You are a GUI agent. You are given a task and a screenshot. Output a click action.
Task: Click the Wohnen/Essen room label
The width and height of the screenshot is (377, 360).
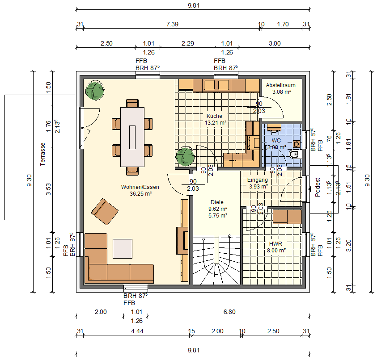pyautogui.click(x=140, y=187)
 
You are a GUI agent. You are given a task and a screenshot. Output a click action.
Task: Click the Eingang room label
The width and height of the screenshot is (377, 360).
pyautogui.click(x=257, y=180)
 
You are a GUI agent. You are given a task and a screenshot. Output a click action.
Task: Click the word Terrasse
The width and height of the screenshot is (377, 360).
pyautogui.click(x=43, y=154)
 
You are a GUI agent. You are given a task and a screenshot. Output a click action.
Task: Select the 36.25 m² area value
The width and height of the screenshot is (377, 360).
pyautogui.click(x=140, y=194)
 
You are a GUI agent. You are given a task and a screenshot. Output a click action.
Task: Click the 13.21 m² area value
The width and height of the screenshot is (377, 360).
pyautogui.click(x=215, y=122)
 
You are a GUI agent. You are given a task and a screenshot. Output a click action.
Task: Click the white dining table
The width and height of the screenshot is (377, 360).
pyautogui.click(x=132, y=137)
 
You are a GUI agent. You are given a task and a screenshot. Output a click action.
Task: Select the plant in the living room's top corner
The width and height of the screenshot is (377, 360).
pyautogui.click(x=95, y=90)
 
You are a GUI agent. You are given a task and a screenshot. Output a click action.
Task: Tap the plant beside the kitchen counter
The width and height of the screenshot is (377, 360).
pyautogui.click(x=185, y=157)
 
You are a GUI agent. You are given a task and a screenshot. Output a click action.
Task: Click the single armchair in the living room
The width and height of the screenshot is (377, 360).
pyautogui.click(x=105, y=211)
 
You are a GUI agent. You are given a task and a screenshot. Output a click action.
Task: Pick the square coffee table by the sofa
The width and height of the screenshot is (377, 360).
pyautogui.click(x=122, y=249)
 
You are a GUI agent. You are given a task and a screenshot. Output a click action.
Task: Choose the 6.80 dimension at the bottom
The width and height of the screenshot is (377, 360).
pyautogui.click(x=229, y=312)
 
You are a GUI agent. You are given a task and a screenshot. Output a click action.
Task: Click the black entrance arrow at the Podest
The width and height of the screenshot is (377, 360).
pyautogui.click(x=309, y=189)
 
